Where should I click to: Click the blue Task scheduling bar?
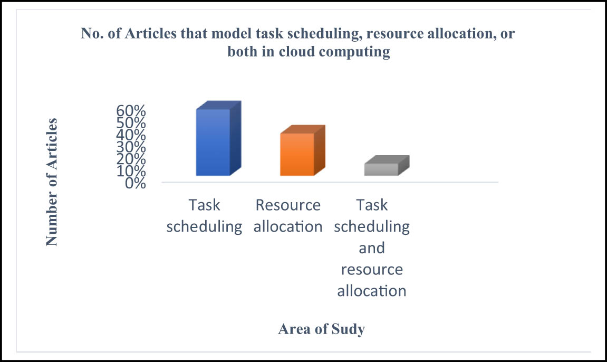pos(218,139)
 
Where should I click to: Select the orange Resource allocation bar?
pos(302,150)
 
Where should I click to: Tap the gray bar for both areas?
pos(387,166)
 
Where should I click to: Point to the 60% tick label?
pos(131,111)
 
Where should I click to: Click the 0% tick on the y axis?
pos(136,183)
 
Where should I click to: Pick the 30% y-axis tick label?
pos(131,147)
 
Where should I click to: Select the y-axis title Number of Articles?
pos(52,182)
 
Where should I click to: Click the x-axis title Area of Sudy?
pos(321,329)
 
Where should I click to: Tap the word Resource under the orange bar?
pos(288,205)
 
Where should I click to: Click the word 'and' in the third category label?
pos(372,248)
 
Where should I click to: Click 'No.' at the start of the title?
pos(92,33)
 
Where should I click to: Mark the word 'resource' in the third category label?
pos(372,270)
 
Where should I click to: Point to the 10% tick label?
pos(131,171)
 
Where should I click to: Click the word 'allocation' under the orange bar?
pos(288,226)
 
